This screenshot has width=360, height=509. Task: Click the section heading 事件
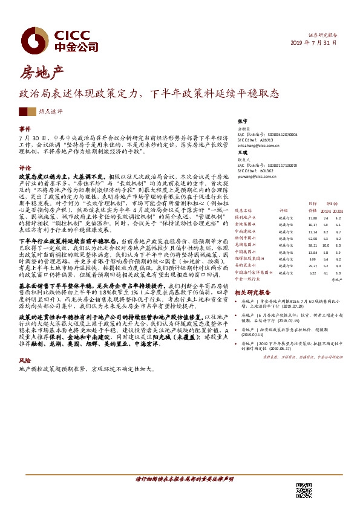point(25,129)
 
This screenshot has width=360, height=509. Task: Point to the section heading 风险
point(25,360)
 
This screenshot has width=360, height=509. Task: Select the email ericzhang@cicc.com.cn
point(258,146)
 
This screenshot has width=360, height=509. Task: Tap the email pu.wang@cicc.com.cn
point(257,176)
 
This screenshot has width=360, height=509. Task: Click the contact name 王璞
point(242,154)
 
